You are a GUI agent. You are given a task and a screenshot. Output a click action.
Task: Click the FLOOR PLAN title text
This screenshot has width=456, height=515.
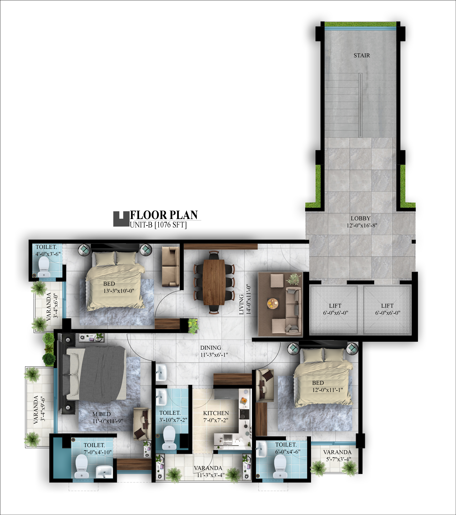164,215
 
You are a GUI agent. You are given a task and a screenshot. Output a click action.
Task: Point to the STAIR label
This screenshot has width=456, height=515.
362,55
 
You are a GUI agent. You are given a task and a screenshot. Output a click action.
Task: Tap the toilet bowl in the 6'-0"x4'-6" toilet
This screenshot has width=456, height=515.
280,466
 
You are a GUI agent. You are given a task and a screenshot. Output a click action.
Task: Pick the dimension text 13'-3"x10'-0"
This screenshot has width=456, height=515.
119,291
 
